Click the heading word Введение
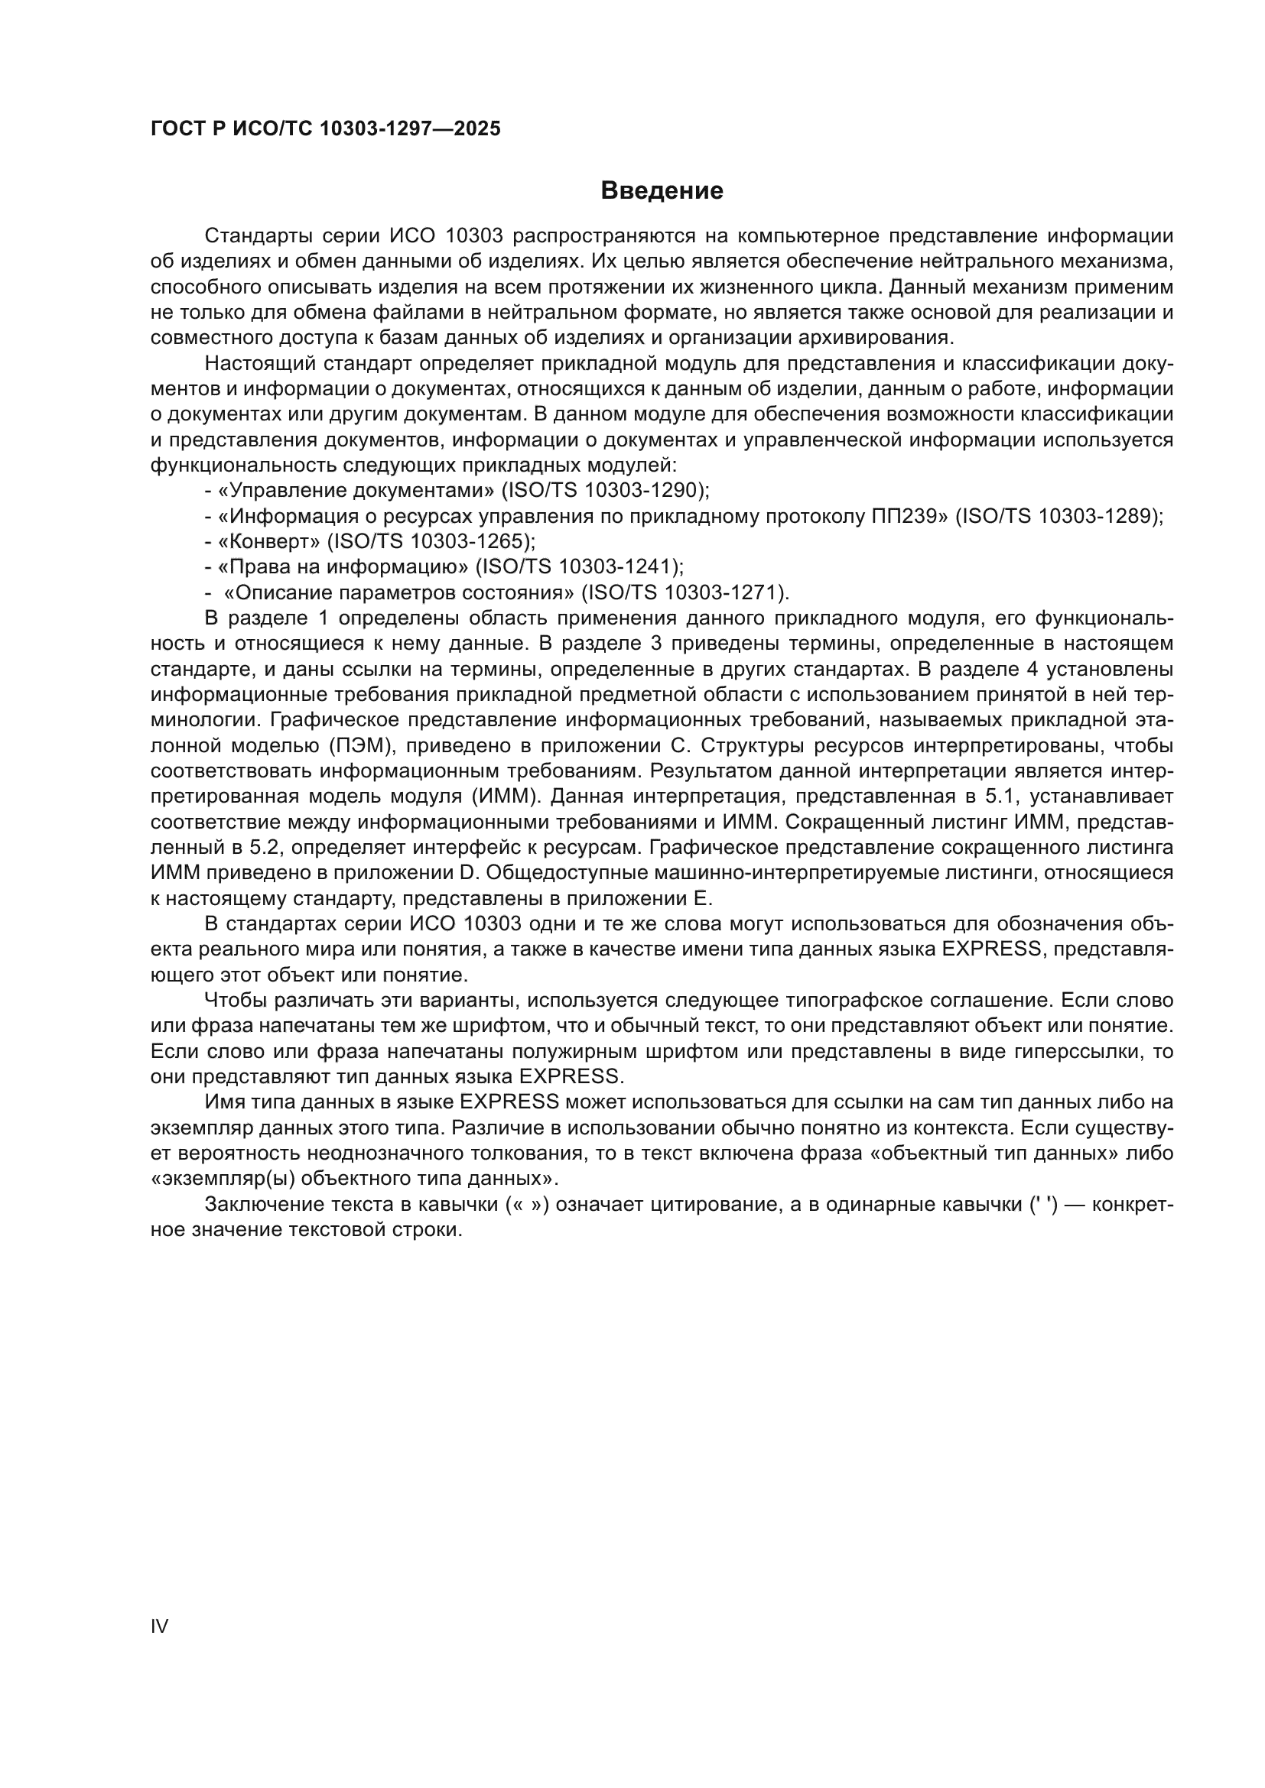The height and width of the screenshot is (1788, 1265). click(x=662, y=191)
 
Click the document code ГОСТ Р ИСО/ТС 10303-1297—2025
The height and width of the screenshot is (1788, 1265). click(x=325, y=129)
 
